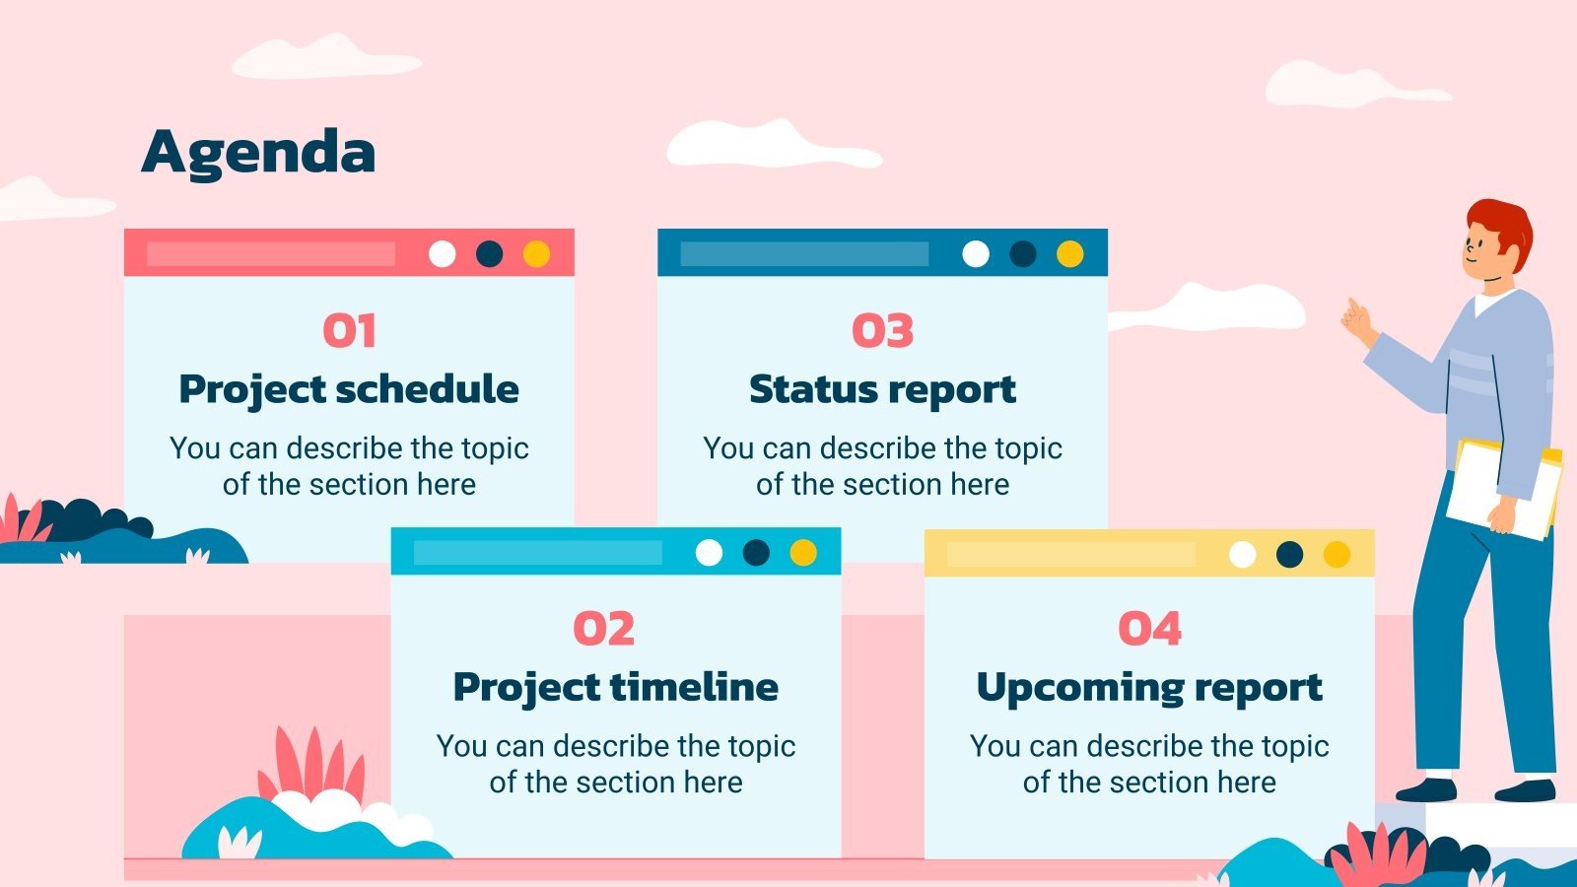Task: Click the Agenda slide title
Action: (x=258, y=153)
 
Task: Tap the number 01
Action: (x=349, y=331)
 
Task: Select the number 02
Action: (x=603, y=629)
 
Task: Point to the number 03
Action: (x=882, y=331)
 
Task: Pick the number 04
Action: (x=1149, y=629)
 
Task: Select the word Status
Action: (x=811, y=389)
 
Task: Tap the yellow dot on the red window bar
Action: (x=536, y=254)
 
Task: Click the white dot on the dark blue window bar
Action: (x=976, y=254)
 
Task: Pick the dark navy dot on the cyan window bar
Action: (x=756, y=553)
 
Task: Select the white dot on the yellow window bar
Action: (x=1242, y=555)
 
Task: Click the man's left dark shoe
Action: (x=1426, y=789)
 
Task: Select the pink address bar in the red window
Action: (x=271, y=254)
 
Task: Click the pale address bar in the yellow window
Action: (x=1070, y=555)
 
